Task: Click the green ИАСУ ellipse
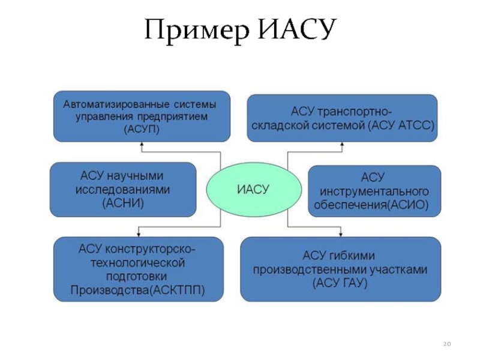point(245,190)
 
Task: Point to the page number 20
point(446,344)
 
